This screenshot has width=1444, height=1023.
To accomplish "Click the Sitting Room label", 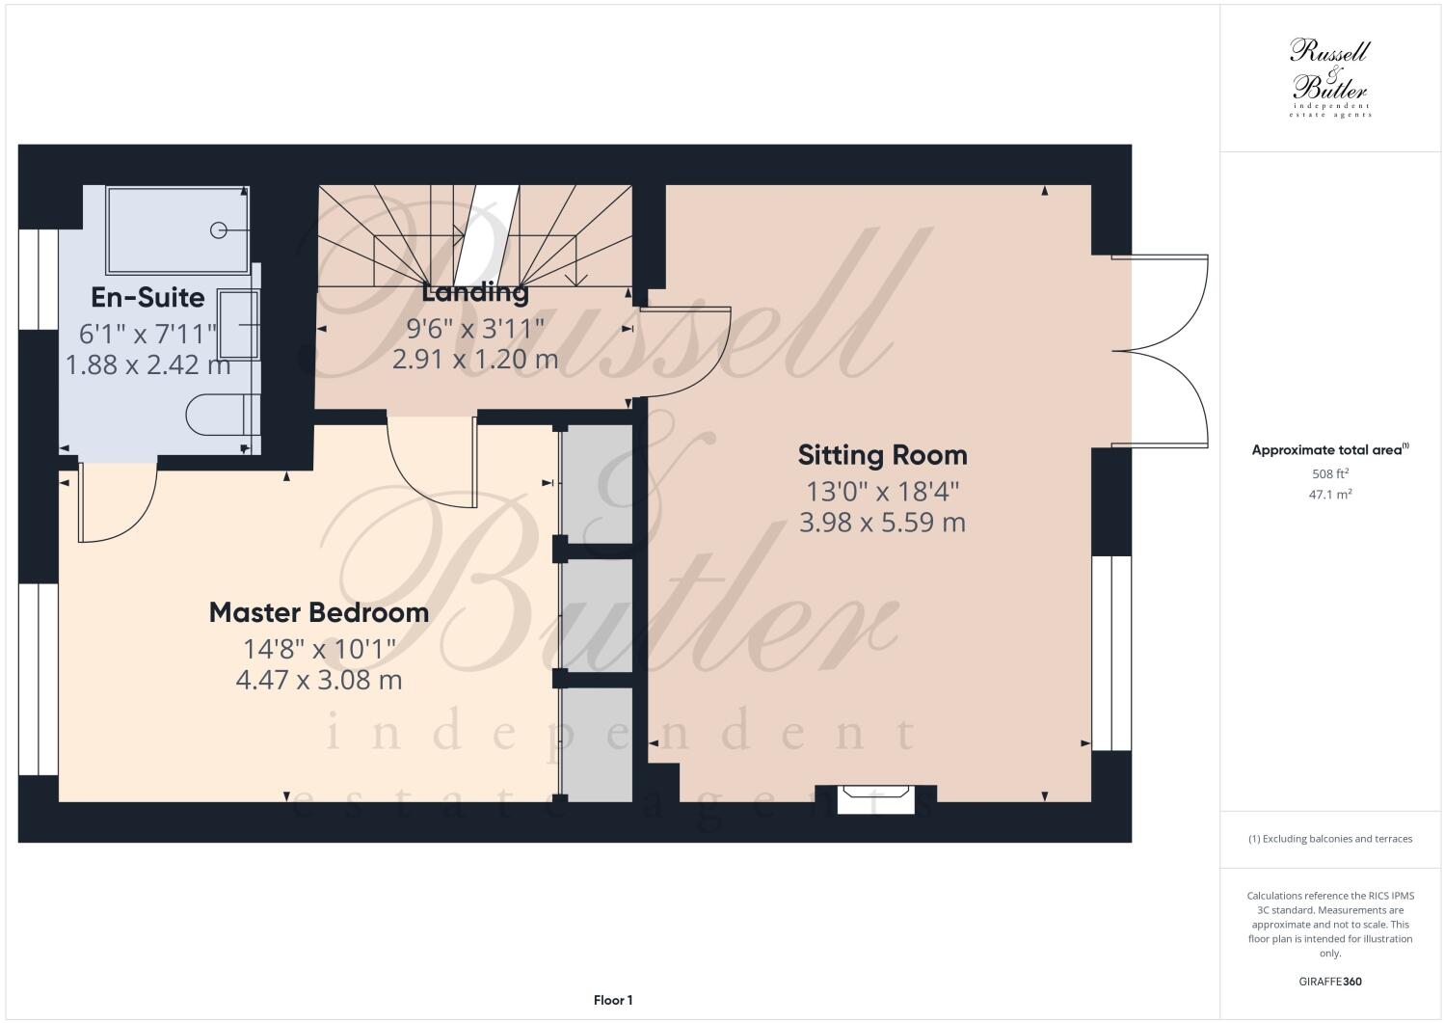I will click(882, 454).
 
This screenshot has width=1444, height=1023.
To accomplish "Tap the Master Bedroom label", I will click(318, 612).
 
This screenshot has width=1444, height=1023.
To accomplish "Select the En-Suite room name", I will click(147, 296).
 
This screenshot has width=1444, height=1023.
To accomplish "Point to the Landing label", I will click(475, 291).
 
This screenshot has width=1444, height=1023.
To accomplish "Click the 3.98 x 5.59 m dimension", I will click(882, 523).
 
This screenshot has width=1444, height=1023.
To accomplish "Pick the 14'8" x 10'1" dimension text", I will click(318, 648).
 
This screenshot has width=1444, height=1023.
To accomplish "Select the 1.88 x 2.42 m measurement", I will click(147, 365).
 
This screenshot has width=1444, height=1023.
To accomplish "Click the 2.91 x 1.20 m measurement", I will click(475, 360).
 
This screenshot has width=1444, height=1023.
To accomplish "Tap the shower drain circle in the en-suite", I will click(219, 229).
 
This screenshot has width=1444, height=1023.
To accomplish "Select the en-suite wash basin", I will click(238, 323).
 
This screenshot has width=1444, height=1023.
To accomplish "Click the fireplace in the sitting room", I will click(875, 799).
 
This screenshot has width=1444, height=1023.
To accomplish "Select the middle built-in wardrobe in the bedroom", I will click(597, 615).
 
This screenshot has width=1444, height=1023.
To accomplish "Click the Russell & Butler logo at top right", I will click(1330, 77).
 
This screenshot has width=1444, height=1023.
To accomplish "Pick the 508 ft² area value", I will click(1329, 473).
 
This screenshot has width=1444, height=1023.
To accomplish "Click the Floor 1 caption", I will click(613, 1001).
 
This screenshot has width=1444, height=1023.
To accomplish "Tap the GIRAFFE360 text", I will click(1330, 982).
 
